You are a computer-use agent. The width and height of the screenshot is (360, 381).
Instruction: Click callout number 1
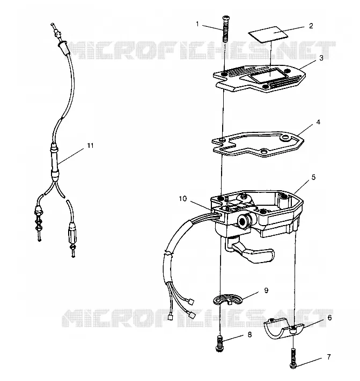[x=197, y=24]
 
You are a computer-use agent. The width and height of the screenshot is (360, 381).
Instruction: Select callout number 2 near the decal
[x=311, y=26]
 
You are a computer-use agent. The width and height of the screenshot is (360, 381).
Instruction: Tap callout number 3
[x=321, y=58]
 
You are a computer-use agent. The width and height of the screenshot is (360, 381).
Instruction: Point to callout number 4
[x=318, y=122]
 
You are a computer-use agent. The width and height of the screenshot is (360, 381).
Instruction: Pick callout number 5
[x=313, y=177]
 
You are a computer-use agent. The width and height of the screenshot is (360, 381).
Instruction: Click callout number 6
[x=329, y=318]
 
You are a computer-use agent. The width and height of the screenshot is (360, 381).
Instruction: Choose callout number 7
[x=329, y=357]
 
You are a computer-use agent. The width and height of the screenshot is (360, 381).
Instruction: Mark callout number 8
[x=249, y=334]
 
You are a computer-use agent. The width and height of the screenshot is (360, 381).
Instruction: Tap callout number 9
[x=266, y=290]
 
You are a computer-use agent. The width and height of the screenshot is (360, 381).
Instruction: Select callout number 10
[x=182, y=198]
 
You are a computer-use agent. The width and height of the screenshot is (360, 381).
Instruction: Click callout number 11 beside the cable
[x=90, y=146]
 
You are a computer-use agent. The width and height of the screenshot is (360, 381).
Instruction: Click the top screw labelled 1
[x=225, y=29]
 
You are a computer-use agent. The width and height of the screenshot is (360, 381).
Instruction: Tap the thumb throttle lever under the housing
[x=253, y=254]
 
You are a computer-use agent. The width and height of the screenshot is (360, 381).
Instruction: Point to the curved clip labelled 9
[x=228, y=299]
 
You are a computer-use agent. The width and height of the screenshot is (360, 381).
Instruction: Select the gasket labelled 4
[x=258, y=144]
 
